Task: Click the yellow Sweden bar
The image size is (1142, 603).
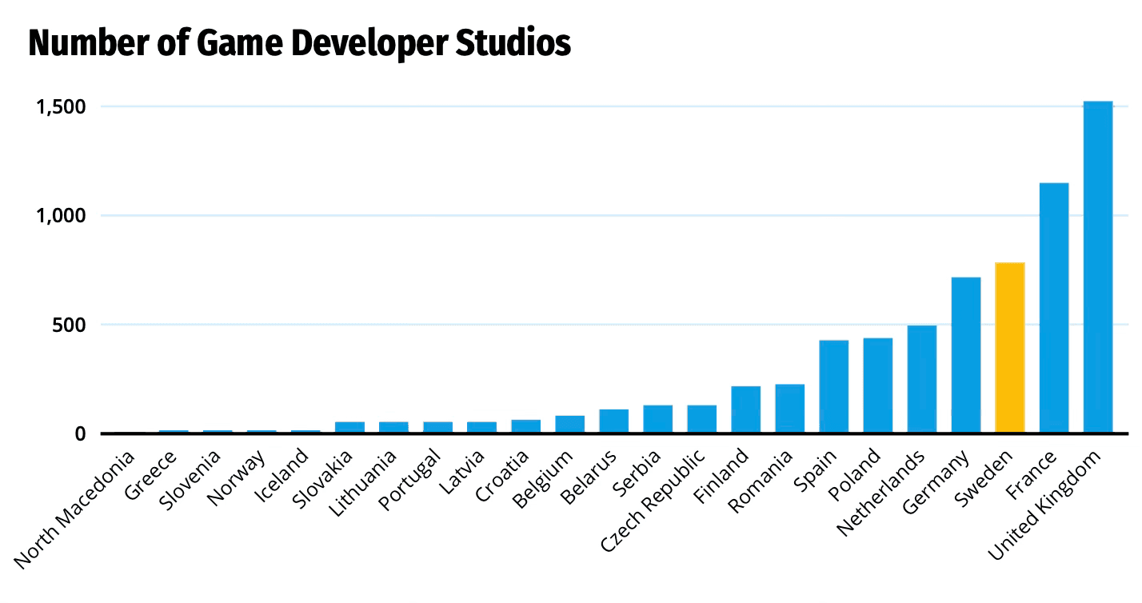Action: point(1009,348)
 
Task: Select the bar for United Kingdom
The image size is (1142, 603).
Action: point(1097,267)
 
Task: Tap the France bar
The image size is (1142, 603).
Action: point(1053,308)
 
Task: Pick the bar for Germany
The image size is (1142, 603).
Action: point(965,355)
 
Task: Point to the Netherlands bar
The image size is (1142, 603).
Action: point(921,379)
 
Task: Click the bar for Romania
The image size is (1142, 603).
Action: point(789,409)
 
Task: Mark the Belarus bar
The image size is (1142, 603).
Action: point(613,421)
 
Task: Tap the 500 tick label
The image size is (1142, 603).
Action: point(70,325)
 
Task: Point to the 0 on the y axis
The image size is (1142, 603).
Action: point(81,434)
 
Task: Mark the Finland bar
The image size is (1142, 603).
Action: point(745,409)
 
